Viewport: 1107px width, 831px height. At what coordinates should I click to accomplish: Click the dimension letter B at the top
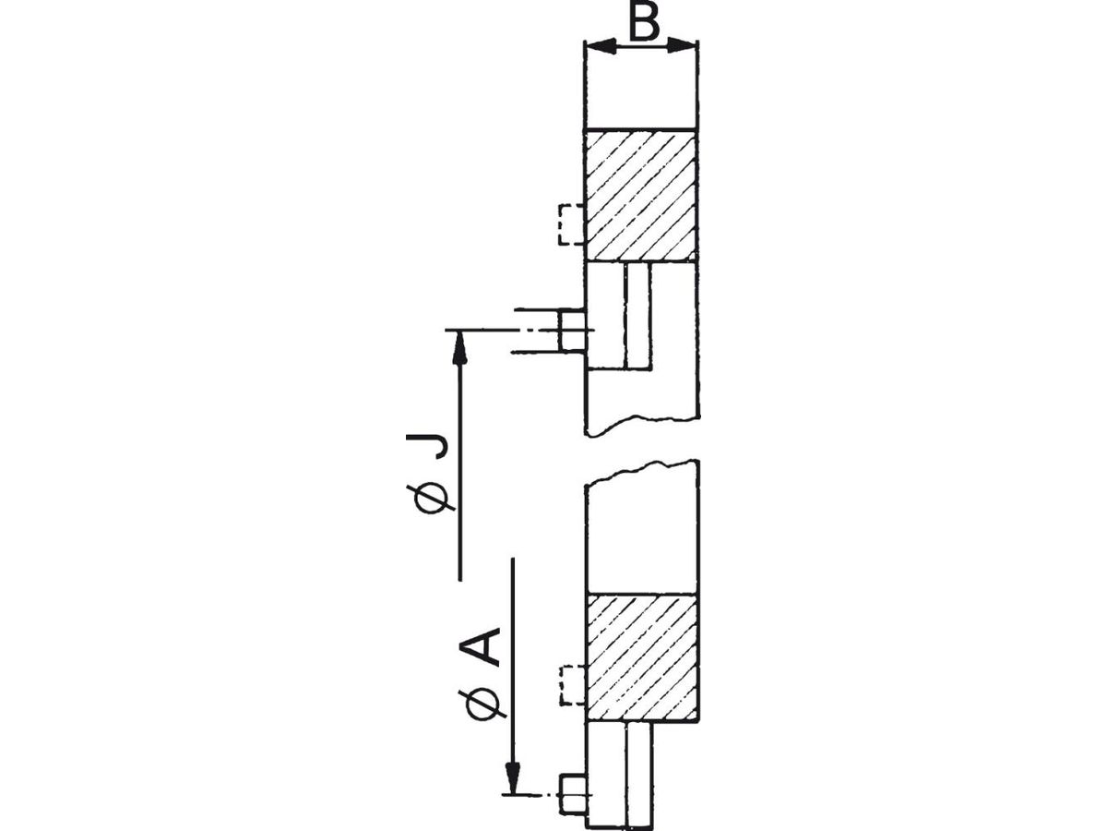point(645,23)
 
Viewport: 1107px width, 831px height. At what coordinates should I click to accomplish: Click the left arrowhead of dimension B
point(601,46)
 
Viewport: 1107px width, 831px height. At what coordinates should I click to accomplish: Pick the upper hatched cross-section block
point(641,196)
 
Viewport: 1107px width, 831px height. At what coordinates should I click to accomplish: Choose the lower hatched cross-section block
point(643,658)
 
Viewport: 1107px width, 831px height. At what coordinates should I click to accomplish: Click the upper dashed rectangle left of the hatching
point(571,224)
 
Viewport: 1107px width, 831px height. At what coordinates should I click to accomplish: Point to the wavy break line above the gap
point(641,427)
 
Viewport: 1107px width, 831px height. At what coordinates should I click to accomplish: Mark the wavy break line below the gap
point(641,472)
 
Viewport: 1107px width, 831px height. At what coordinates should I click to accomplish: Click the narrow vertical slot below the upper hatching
point(637,315)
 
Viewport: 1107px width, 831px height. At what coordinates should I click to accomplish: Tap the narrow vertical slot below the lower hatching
point(640,776)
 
